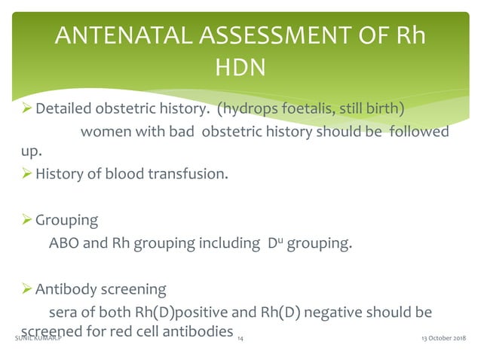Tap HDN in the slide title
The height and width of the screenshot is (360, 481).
pos(240,69)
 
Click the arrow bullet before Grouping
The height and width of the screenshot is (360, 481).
pos(27,221)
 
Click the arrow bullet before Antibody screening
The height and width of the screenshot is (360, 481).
pos(27,288)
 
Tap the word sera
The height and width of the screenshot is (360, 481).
pos(62,311)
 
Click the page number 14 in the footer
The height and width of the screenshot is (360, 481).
pos(240,340)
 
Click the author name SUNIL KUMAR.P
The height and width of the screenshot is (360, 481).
pos(38,340)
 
